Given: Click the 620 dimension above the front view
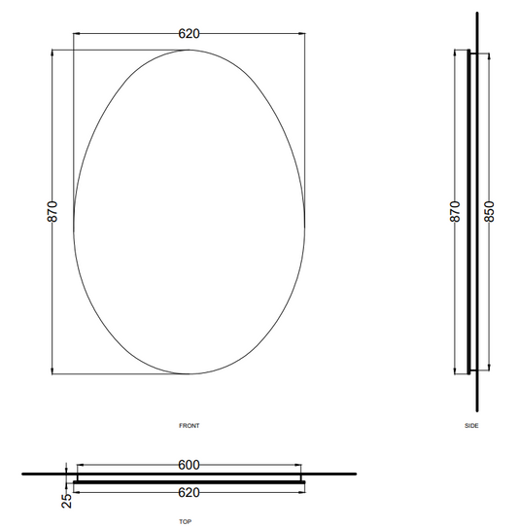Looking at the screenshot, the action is pos(189,34).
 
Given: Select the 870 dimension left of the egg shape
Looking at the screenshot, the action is pos(52,211).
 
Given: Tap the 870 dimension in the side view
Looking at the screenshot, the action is pos(455,211).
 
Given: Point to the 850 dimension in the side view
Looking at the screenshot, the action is pos(489,211).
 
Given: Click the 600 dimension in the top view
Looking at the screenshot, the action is pos(189,465).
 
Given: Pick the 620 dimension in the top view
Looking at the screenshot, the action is pos(189,493).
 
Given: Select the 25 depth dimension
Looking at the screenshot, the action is pos(67,501).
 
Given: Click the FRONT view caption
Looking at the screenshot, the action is pos(190,426).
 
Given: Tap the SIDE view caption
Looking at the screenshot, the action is pos(471,426).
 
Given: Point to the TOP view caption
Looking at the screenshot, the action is pos(185,521).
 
